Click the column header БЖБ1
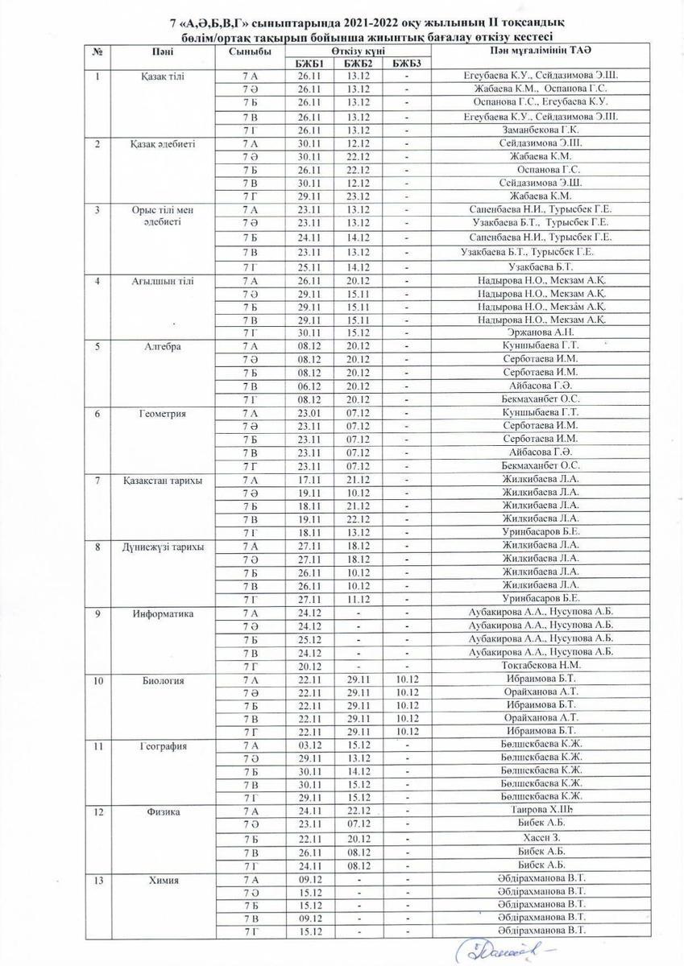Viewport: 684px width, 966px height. pyautogui.click(x=309, y=63)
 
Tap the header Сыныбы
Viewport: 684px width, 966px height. pyautogui.click(x=250, y=51)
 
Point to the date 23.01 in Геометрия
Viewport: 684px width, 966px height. pyautogui.click(x=309, y=412)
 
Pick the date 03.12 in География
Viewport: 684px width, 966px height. pyautogui.click(x=309, y=745)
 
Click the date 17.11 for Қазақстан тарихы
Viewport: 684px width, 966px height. pyautogui.click(x=309, y=479)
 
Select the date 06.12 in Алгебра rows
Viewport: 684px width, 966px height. pyautogui.click(x=309, y=386)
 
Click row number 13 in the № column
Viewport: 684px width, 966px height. pyautogui.click(x=97, y=880)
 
